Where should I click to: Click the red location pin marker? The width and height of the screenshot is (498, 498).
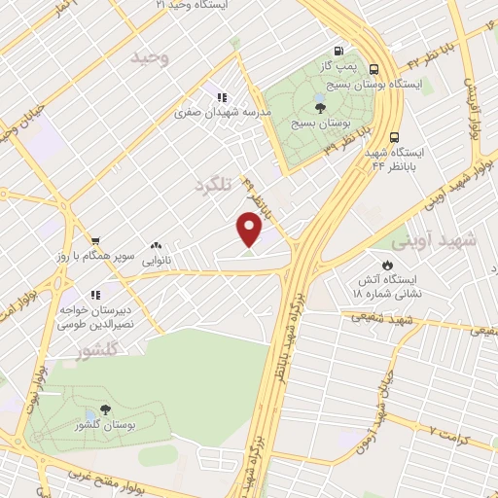point(250,229)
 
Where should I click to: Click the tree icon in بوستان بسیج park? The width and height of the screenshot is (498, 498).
point(321,107)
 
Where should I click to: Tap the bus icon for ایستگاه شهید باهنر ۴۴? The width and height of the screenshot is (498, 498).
point(394,137)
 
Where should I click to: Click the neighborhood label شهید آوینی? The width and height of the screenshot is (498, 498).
point(434,239)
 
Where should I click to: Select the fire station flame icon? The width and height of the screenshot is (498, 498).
point(387,265)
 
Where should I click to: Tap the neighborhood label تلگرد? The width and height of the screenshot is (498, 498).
point(215,184)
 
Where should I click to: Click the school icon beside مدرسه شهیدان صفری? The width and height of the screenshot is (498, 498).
point(222,97)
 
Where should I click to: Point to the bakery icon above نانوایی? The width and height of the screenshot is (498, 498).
point(157,246)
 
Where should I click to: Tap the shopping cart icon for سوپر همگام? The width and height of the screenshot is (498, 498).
point(95,241)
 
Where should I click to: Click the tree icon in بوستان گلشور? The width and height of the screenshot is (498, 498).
point(104,409)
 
